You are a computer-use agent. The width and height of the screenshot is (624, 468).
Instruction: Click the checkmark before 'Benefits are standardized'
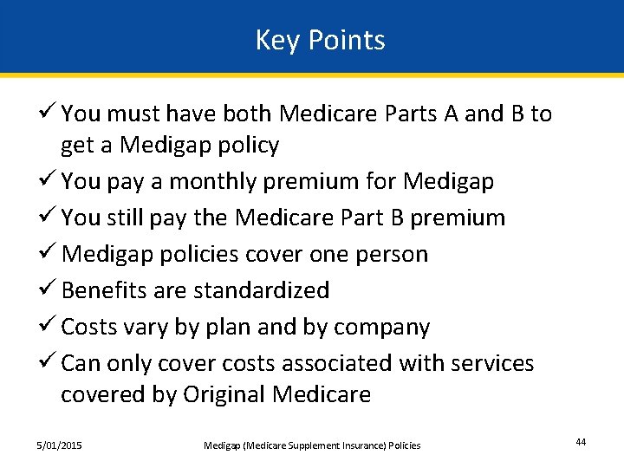click(x=49, y=289)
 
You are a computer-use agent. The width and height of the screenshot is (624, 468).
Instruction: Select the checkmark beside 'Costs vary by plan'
click(x=49, y=327)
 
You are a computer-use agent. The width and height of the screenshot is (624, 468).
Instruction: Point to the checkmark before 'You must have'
click(x=49, y=114)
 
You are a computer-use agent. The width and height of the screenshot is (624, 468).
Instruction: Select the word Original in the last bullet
click(x=224, y=395)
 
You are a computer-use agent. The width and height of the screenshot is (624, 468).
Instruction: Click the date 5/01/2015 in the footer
click(x=59, y=445)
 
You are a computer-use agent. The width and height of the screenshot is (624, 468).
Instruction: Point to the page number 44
click(x=581, y=443)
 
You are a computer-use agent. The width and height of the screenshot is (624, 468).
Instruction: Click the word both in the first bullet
click(x=249, y=114)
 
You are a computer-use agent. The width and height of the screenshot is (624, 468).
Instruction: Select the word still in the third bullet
click(x=126, y=218)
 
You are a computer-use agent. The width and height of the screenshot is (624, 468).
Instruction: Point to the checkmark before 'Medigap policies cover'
click(x=49, y=254)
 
